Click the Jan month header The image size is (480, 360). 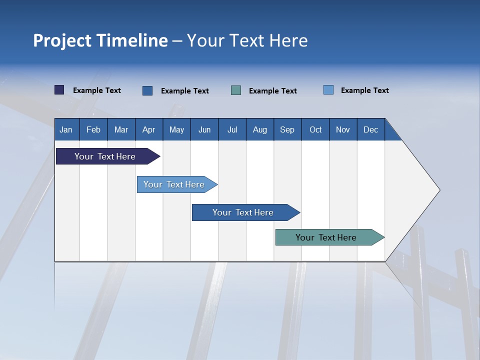tap(66, 129)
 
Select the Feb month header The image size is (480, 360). tap(93, 129)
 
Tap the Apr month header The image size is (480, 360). tap(149, 129)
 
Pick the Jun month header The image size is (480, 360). tap(204, 129)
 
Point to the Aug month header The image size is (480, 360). tap(260, 129)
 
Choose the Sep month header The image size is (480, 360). tap(287, 129)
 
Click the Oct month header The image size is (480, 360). tap(315, 129)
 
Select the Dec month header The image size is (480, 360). tap(371, 129)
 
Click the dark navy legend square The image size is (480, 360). tap(59, 90)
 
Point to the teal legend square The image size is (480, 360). tap(236, 90)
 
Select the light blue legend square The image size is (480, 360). tap(328, 90)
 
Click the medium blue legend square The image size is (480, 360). tap(147, 90)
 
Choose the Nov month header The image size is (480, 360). tap(343, 129)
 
